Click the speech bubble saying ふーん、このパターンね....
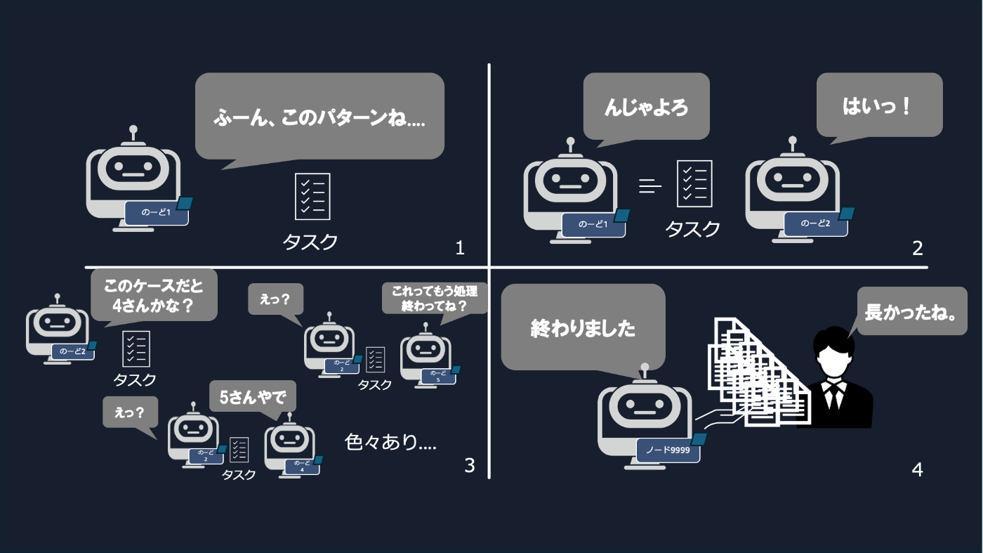click(319, 116)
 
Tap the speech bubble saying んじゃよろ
click(646, 106)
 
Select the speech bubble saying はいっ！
click(878, 105)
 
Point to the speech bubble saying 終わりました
click(583, 327)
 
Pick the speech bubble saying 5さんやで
click(253, 396)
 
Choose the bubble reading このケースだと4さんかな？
click(154, 295)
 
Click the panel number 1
click(460, 248)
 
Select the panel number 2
click(917, 248)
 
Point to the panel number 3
click(470, 464)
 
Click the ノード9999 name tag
click(668, 450)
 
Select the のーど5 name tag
click(438, 377)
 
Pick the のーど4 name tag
click(302, 466)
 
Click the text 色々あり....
click(390, 442)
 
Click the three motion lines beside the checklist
click(650, 186)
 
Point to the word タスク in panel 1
click(310, 242)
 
